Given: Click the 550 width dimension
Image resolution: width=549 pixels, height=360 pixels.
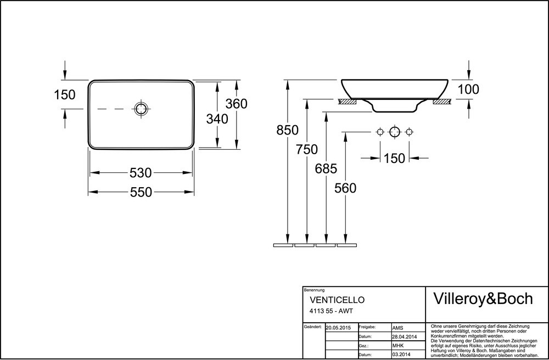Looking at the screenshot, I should (x=141, y=192).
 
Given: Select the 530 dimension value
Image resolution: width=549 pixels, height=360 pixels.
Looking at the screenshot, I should (x=141, y=173).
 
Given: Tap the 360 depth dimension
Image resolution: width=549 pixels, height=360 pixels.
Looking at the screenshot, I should (x=237, y=103).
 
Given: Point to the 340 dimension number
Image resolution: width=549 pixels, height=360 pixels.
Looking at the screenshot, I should (x=217, y=118).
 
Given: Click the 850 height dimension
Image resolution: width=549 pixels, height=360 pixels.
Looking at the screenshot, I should (x=288, y=130).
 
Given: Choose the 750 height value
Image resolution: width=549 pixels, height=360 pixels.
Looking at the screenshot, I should (x=307, y=149).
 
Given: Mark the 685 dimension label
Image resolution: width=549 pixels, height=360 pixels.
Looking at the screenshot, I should (x=326, y=168).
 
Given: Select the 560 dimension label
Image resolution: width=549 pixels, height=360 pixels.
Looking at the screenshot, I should (x=345, y=188).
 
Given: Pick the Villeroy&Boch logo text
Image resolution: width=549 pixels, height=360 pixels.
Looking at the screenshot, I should (x=484, y=299).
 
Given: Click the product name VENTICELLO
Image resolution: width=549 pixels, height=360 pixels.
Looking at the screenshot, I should (x=337, y=300).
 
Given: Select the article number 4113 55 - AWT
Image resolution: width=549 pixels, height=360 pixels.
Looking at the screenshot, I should (x=332, y=311).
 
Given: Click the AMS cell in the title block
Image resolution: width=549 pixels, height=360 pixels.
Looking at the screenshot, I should (x=399, y=327).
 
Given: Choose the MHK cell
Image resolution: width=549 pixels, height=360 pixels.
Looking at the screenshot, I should (x=399, y=346).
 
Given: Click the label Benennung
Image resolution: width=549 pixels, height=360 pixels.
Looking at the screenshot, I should (x=314, y=290).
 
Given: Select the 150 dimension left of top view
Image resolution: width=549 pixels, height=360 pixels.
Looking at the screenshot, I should (x=64, y=94).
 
